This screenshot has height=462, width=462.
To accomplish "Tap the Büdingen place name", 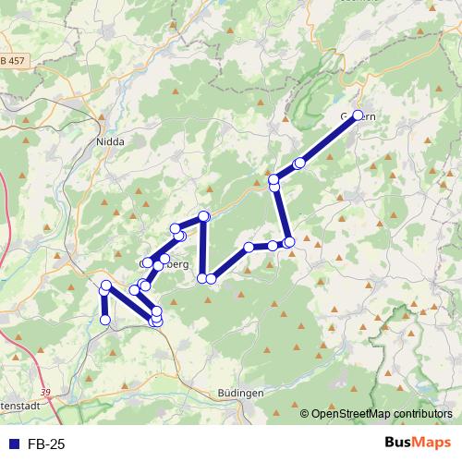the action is (240, 393).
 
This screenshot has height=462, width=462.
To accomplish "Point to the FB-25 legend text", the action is (46, 444).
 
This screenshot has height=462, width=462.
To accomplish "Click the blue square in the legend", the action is (13, 444).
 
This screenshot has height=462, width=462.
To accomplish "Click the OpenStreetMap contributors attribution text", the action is (382, 414).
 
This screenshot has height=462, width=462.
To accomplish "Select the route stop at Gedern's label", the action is (359, 115).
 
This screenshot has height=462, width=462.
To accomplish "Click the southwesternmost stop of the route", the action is (105, 320).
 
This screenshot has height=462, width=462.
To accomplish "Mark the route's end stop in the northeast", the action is (359, 115).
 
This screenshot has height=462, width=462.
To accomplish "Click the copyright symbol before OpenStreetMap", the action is (305, 414).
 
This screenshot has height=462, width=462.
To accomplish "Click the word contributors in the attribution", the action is (420, 414).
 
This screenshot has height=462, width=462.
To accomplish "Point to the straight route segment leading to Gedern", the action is (329, 139).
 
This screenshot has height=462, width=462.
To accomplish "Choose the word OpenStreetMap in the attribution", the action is (349, 414).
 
